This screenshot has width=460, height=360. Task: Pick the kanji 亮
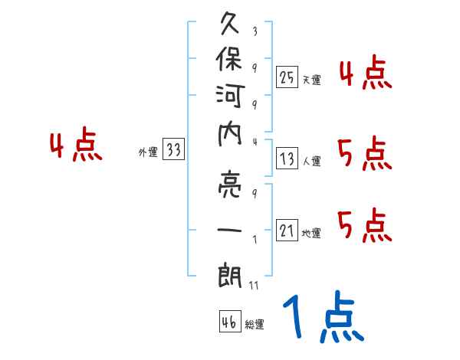pos(232,191)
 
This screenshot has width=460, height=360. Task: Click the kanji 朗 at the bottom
pos(232,273)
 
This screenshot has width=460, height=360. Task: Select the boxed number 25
pos(287,77)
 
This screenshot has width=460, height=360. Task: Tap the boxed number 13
pos(287,159)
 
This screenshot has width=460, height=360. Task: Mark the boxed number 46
pos(229,323)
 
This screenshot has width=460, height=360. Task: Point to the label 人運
pos(311,162)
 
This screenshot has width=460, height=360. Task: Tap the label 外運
pos(148,153)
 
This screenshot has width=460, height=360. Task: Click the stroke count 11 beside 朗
pos(255,286)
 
